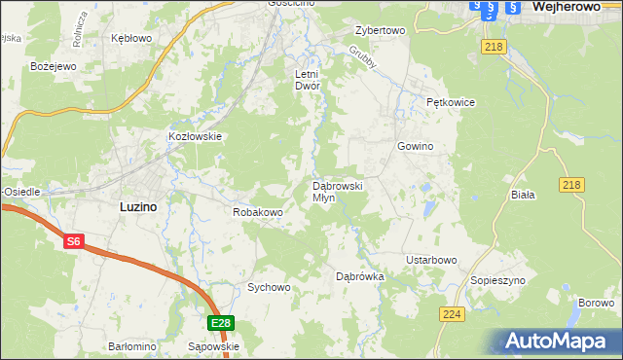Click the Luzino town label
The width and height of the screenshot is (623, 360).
click(139, 206)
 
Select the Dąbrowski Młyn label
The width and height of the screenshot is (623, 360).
click(338, 191)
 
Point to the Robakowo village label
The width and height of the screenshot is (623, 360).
click(257, 211)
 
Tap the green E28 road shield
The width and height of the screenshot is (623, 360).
click(221, 323)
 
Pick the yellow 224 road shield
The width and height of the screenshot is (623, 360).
click(451, 313)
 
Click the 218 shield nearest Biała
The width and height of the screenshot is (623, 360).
click(572, 185)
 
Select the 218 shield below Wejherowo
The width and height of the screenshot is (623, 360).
click(492, 47)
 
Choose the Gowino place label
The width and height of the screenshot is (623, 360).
click(415, 146)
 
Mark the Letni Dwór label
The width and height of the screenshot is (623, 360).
click(308, 80)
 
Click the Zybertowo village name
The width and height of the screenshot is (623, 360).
click(380, 30)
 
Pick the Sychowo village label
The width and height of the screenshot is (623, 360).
click(269, 287)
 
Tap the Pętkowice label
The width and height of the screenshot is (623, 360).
click(450, 100)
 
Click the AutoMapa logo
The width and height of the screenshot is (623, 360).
click(562, 341)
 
